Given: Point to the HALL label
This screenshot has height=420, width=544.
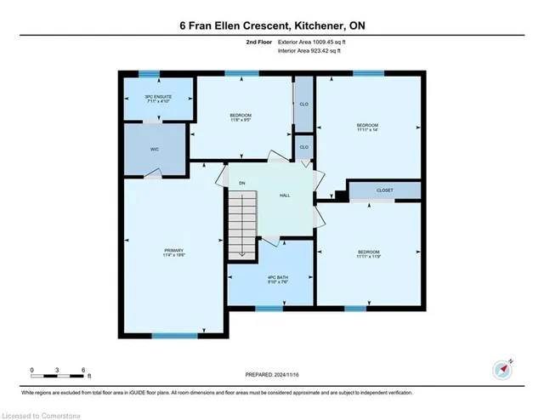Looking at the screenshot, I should point(286,196).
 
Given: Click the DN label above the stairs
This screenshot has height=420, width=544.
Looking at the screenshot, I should point(241,183).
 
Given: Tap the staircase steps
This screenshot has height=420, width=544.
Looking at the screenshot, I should point(241,223).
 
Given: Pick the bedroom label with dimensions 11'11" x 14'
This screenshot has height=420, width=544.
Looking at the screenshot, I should point(369,128).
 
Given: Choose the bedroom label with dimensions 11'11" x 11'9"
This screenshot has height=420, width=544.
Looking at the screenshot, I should point(369,253).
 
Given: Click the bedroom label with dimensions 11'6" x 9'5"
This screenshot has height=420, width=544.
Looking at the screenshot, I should point(241,117).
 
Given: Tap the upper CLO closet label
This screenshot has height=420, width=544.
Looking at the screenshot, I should point(303,105).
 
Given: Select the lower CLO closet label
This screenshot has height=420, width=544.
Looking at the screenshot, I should point(303,148).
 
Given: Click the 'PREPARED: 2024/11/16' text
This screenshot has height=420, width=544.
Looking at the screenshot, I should point(271,374).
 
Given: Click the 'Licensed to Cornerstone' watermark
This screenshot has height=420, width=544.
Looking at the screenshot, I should point(36,413).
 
